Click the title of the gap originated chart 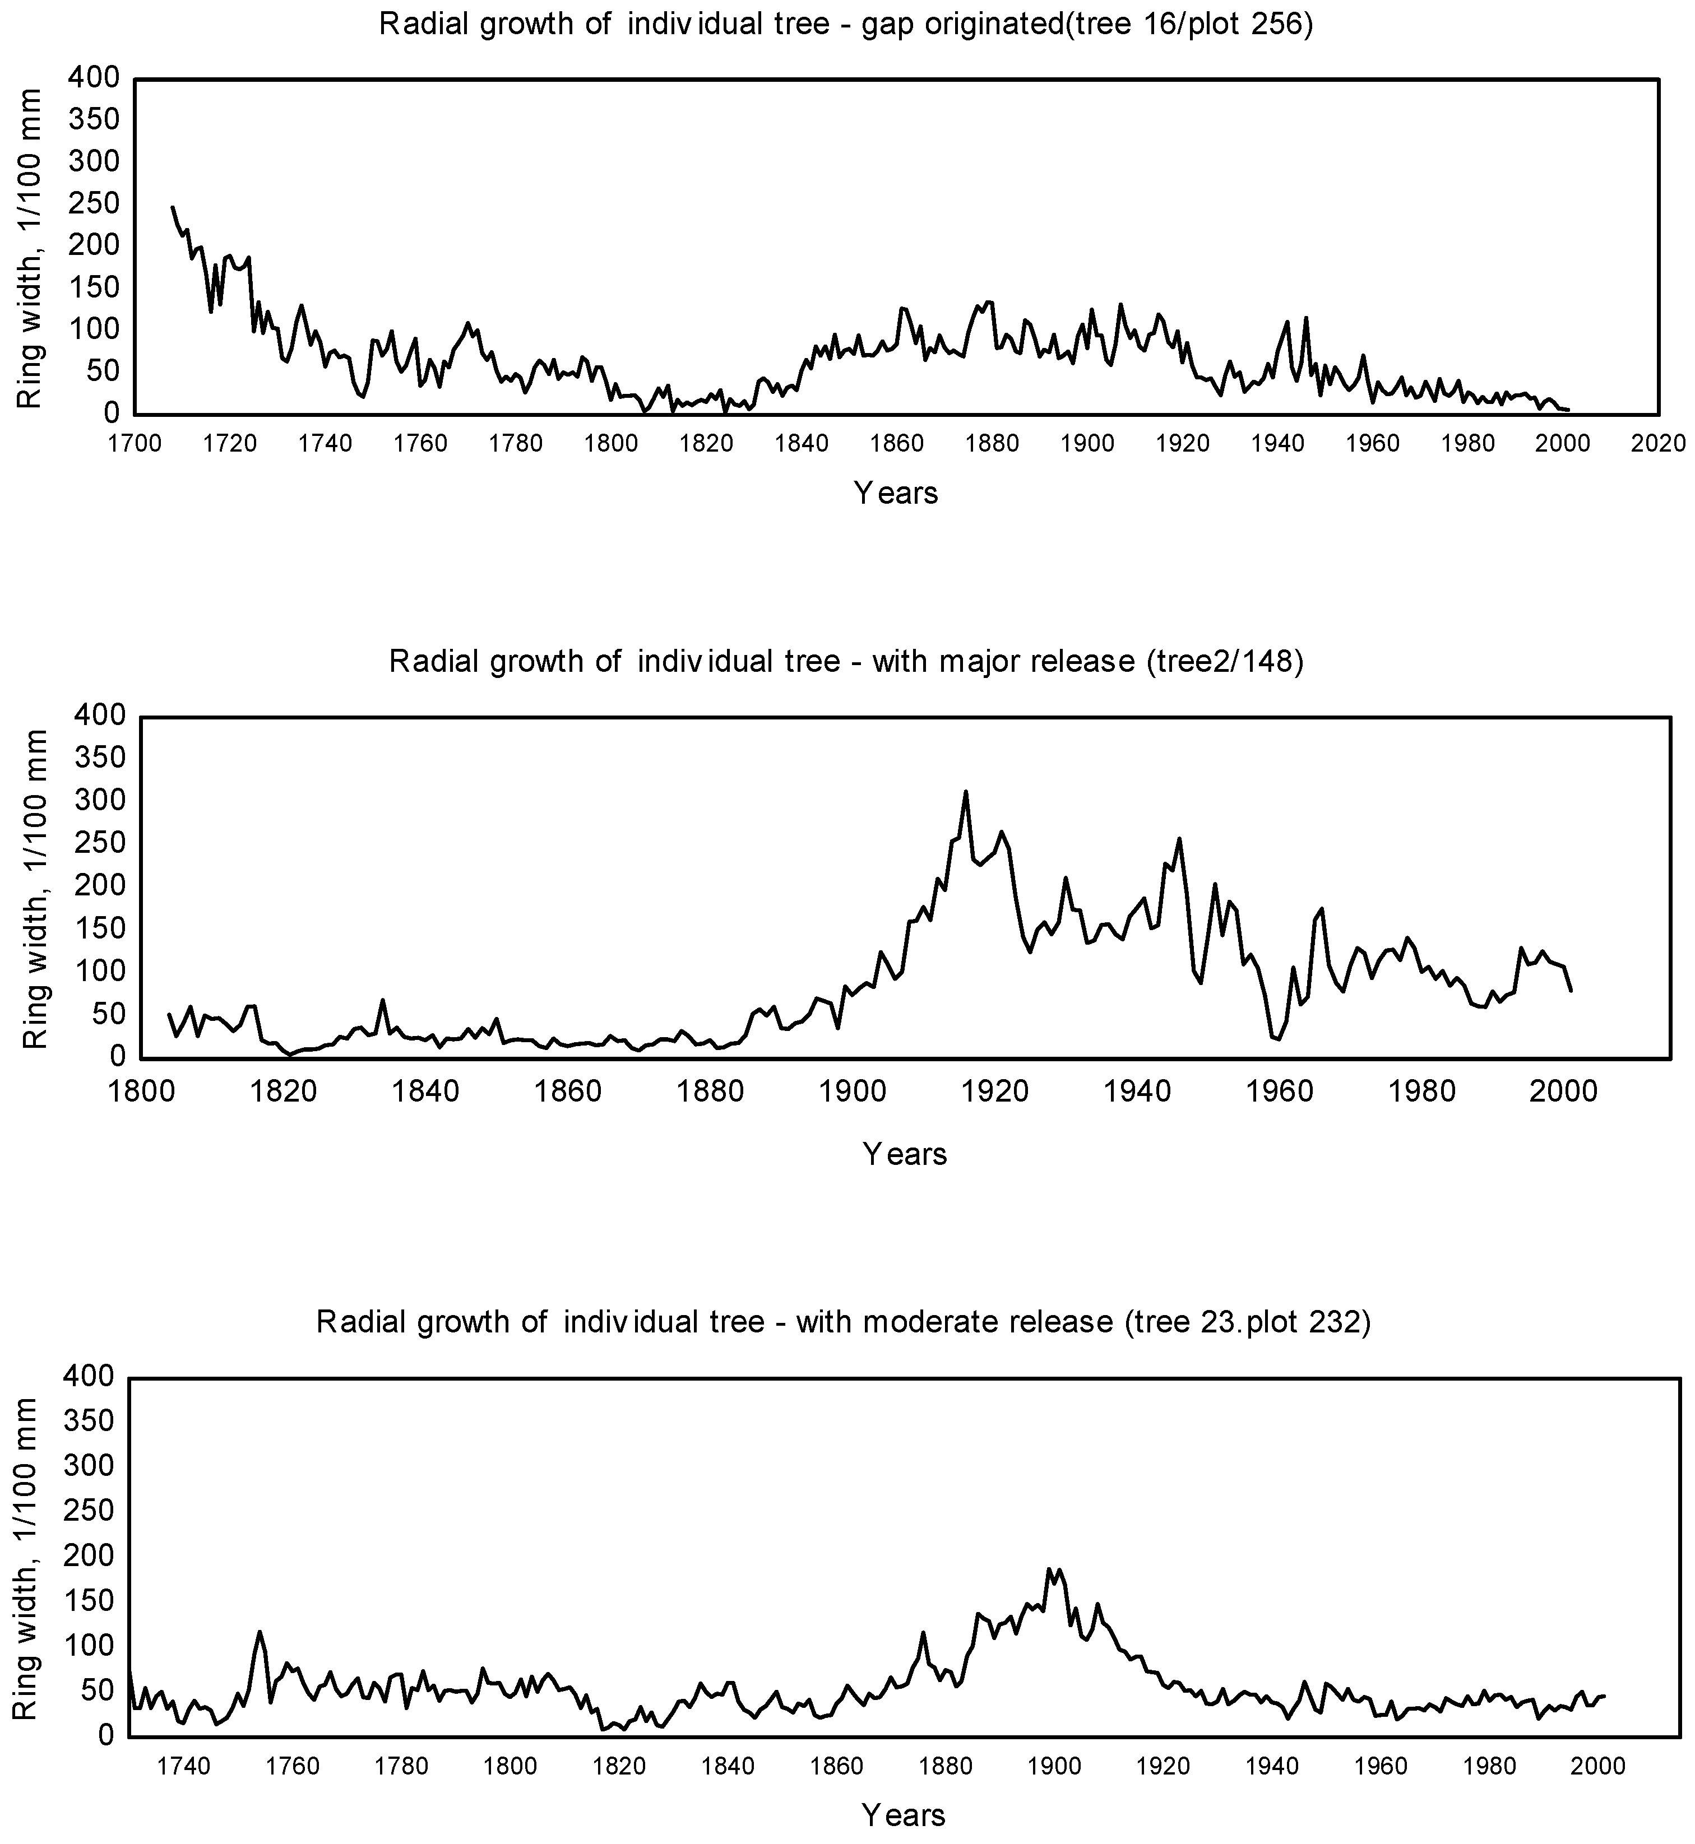tap(846, 24)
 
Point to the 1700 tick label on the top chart tap(135, 444)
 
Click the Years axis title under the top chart tap(896, 493)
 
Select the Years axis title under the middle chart tap(904, 1154)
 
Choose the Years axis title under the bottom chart tap(904, 1815)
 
